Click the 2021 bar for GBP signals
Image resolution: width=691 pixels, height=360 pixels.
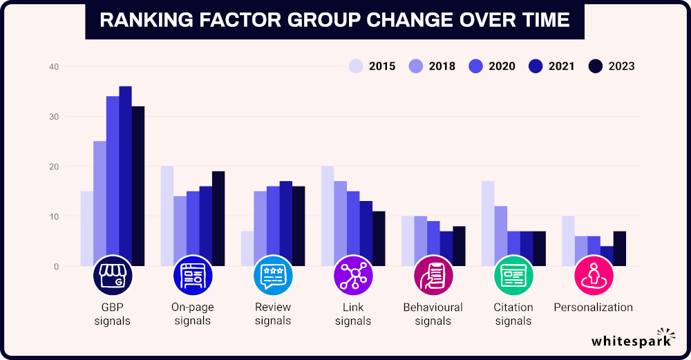[125, 176]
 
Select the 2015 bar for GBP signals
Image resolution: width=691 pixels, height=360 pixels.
[86, 229]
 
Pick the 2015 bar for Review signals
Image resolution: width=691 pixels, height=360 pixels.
[247, 249]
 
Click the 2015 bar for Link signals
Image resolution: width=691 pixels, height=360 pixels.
[327, 216]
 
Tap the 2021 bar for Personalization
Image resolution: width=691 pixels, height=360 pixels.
[607, 256]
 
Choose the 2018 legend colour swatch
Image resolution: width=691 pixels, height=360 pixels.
[416, 66]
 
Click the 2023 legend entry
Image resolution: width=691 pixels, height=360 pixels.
[612, 66]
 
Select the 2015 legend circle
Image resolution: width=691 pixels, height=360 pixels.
[356, 66]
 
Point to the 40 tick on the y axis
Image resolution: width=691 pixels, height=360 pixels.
[54, 67]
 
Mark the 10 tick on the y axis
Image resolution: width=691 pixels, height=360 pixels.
[54, 217]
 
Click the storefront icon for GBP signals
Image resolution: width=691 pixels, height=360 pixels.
[112, 276]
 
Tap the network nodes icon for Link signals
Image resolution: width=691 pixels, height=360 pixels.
[353, 276]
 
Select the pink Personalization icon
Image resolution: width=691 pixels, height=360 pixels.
[594, 276]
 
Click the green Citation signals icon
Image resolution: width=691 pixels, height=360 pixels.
[513, 276]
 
